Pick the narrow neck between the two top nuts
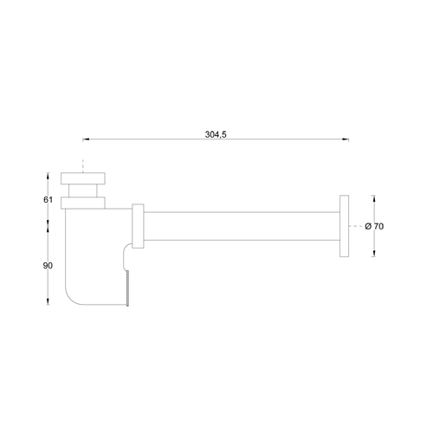pyautogui.click(x=82, y=192)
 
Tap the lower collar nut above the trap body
pyautogui.click(x=82, y=204)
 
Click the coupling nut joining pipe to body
pyautogui.click(x=138, y=226)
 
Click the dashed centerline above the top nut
pyautogui.click(x=82, y=165)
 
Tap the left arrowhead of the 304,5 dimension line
pyautogui.click(x=85, y=139)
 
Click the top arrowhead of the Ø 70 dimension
pyautogui.click(x=374, y=198)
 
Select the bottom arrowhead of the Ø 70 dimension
pyautogui.click(x=374, y=254)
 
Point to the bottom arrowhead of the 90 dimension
pyautogui.click(x=48, y=301)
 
